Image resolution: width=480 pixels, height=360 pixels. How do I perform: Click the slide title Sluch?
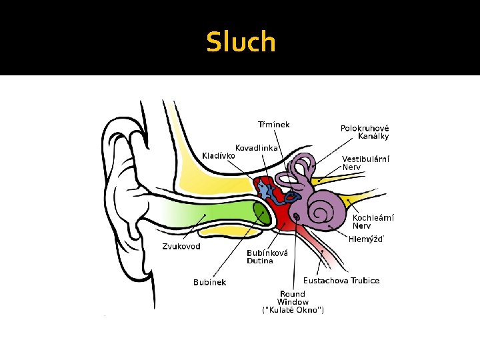tap(240, 41)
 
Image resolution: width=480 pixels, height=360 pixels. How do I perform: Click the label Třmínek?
tap(274, 124)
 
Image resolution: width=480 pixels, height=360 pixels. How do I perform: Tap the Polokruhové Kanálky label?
tap(365, 132)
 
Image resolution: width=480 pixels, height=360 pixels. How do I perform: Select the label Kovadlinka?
tap(257, 147)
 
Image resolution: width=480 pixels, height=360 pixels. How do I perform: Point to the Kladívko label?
tap(219, 156)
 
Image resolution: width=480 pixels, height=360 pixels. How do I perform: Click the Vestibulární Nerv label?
tap(365, 163)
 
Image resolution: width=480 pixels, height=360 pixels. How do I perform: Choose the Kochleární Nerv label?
tap(373, 221)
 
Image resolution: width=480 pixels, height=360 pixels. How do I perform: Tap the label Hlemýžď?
tap(366, 239)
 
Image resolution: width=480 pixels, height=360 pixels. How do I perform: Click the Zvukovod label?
tap(181, 246)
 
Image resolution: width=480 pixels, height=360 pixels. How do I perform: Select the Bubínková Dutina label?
tap(267, 257)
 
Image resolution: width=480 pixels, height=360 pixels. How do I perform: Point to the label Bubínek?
tap(209, 282)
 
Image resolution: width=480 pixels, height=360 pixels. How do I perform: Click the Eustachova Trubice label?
tap(341, 280)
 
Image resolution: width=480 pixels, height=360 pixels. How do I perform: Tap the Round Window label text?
tap(293, 298)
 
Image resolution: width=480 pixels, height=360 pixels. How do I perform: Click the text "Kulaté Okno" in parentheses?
tap(293, 311)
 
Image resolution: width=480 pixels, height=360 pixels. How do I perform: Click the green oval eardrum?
tap(261, 213)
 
